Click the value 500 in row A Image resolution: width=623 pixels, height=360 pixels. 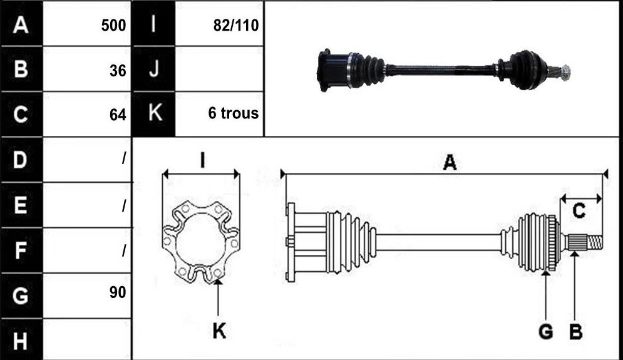pyautogui.click(x=113, y=26)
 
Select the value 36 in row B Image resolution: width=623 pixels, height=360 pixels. pyautogui.click(x=118, y=71)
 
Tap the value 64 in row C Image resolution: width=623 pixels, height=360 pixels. pyautogui.click(x=118, y=115)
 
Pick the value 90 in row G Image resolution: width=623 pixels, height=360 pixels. pyautogui.click(x=118, y=292)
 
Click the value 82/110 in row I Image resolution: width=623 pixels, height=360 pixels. pyautogui.click(x=236, y=26)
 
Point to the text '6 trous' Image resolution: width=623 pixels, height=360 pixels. pyautogui.click(x=233, y=113)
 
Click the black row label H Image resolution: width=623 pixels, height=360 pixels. pyautogui.click(x=21, y=340)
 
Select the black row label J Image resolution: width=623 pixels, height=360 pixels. pyautogui.click(x=154, y=69)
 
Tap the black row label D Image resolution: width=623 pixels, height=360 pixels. pyautogui.click(x=21, y=160)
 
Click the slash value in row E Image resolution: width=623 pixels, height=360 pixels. pyautogui.click(x=124, y=205)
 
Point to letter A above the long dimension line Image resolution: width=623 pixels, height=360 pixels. pyautogui.click(x=450, y=163)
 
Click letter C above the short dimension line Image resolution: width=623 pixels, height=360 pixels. pyautogui.click(x=579, y=210)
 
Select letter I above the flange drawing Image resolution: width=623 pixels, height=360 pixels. pyautogui.click(x=202, y=161)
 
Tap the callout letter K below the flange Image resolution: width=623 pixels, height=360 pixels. pyautogui.click(x=219, y=331)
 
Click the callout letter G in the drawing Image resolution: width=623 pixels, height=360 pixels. pyautogui.click(x=546, y=331)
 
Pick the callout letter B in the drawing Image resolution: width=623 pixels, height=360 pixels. pyautogui.click(x=575, y=331)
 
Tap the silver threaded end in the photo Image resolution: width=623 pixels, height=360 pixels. pyautogui.click(x=565, y=72)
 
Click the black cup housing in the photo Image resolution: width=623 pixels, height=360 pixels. pyautogui.click(x=333, y=71)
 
